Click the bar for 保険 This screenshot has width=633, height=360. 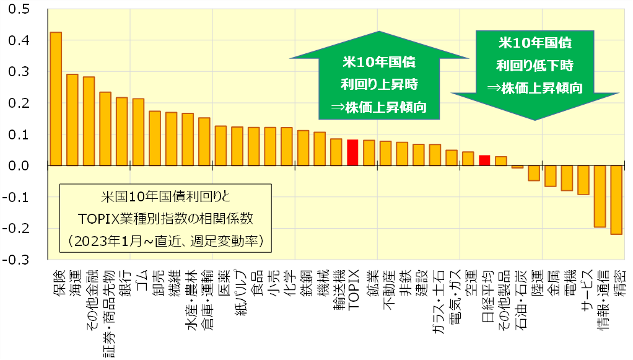click(56, 99)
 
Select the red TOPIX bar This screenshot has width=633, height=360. click(352, 153)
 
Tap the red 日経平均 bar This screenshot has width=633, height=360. click(485, 160)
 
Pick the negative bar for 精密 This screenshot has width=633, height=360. click(616, 200)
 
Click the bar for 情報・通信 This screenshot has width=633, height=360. click(600, 196)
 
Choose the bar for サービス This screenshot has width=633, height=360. click(583, 180)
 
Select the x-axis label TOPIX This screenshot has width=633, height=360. click(352, 289)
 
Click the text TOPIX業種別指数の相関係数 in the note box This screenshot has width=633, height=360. click(165, 219)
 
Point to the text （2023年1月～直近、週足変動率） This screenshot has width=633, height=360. click(165, 240)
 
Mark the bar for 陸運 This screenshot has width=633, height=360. click(534, 173)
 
